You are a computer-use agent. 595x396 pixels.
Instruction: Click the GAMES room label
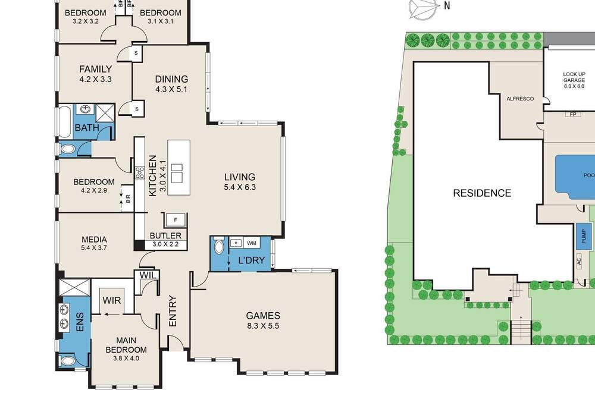coord(263,316)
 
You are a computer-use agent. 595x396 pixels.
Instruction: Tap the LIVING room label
coord(239,177)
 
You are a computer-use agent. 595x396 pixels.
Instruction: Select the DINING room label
coord(171,79)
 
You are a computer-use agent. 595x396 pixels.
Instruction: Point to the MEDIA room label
coord(94,240)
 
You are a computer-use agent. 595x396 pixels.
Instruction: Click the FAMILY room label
coord(96,70)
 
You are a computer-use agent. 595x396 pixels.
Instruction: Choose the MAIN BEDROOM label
coord(126,345)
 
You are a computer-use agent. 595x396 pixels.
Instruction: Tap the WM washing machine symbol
coord(251,243)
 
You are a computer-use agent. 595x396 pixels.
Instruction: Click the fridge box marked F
coord(176,219)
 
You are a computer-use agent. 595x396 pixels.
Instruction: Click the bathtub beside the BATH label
coord(65,122)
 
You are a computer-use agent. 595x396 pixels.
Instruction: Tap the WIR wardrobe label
coord(112,301)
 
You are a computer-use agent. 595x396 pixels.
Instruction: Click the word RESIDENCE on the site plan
coord(482,193)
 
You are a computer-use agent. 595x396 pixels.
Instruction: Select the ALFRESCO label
coord(520,99)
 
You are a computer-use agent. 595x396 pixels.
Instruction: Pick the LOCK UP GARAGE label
coord(574,77)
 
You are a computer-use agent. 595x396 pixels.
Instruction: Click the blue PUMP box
coord(584,236)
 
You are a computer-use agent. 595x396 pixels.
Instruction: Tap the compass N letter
coord(447,6)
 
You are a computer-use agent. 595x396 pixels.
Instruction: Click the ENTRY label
coord(173,311)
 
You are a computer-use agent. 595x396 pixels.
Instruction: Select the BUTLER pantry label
coord(165,235)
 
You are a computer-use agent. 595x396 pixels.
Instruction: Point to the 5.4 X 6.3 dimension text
coord(239,187)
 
